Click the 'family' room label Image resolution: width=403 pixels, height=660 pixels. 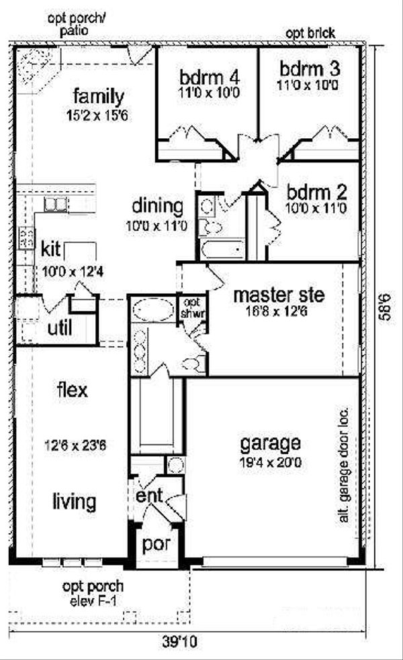(99, 93)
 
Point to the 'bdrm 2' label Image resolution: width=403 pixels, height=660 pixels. (314, 193)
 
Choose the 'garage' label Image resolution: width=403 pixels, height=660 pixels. (270, 443)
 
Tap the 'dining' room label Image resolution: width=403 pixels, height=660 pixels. (157, 205)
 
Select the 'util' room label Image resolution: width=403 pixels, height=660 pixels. (60, 329)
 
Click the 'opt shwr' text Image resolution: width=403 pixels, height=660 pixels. (191, 308)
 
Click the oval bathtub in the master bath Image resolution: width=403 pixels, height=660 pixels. (150, 310)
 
